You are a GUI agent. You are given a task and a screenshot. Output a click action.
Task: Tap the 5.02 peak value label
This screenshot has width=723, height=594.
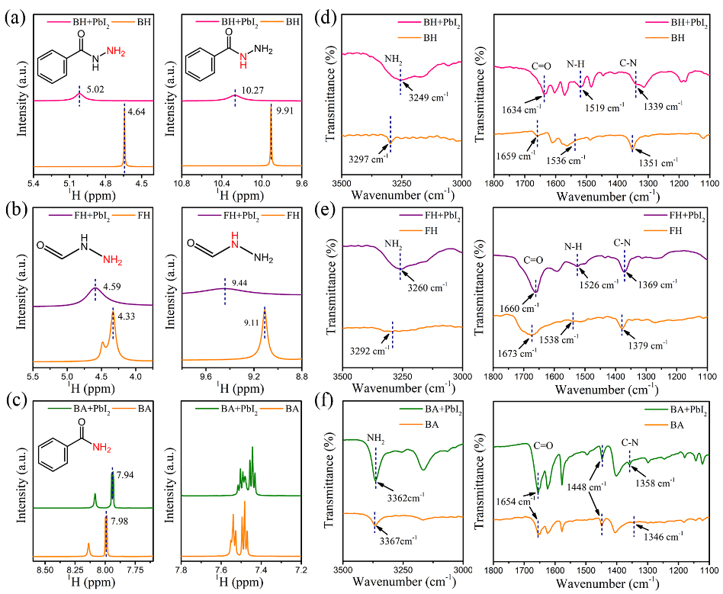coord(95,89)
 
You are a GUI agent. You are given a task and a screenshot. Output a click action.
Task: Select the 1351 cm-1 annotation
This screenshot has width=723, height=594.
coord(657,162)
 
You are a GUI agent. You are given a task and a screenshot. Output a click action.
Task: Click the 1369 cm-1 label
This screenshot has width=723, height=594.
coord(657,284)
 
